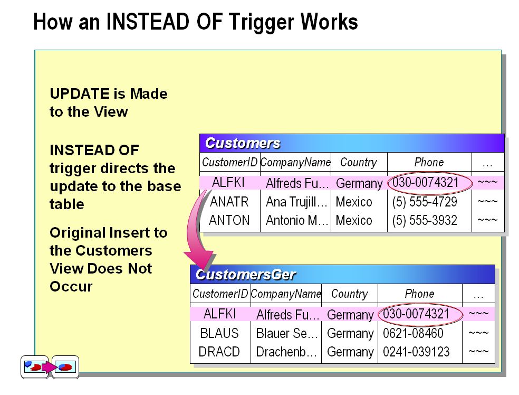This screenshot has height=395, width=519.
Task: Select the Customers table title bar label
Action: coord(243,143)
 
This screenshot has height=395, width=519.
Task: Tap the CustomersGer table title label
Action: coord(245,275)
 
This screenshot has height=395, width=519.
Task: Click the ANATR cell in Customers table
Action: coord(228,202)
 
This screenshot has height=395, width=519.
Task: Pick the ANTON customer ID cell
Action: coord(229,220)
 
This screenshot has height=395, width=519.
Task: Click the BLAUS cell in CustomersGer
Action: coord(219,333)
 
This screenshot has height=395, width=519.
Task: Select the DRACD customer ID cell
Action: coord(219,352)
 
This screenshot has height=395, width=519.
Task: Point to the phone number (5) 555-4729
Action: coord(425,202)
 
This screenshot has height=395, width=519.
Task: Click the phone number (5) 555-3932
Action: coord(425,220)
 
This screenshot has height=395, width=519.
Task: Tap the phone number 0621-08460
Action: coord(413,333)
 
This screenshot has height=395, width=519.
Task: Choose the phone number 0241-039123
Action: coord(416,352)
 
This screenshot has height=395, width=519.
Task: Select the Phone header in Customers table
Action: coord(429,162)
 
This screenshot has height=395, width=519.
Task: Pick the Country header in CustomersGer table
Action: coord(349,294)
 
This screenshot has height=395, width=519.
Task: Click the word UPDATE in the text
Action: coord(80,94)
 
